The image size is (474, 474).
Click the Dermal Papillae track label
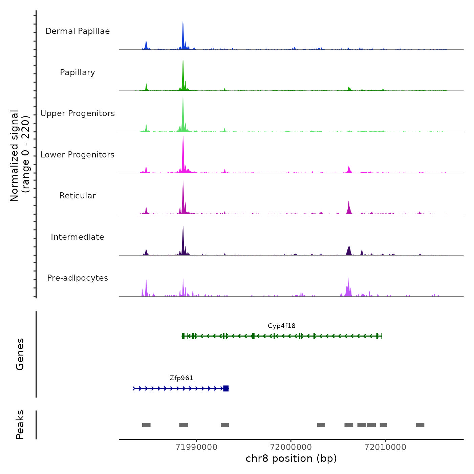78,31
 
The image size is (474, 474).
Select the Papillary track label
78,72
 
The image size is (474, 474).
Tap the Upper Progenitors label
78,113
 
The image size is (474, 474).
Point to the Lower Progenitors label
78,155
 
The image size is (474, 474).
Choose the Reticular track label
78,196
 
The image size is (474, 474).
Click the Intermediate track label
78,237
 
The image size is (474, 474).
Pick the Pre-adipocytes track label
78,278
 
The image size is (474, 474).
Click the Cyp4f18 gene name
281,326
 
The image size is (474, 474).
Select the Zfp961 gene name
181,378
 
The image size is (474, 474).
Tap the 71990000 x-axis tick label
196,447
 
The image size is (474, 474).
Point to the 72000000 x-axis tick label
291,447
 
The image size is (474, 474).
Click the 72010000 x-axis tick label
385,447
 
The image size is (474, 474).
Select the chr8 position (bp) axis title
291,459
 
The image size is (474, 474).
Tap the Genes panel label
20,354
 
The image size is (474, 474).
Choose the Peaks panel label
20,425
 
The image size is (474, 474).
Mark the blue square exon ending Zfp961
226,388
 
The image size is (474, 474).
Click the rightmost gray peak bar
420,425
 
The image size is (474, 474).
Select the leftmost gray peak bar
146,425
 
